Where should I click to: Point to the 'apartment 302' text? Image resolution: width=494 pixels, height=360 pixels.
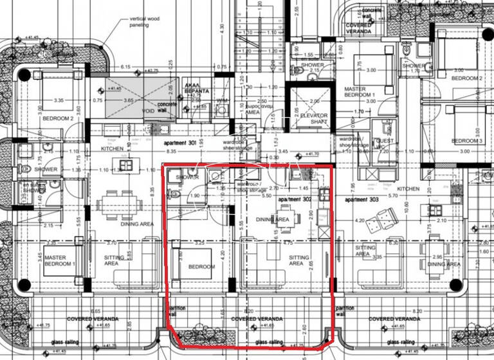tap(295, 199)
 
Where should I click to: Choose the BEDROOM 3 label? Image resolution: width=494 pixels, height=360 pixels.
tap(467, 141)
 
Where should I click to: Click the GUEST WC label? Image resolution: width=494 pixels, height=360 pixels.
tap(385, 143)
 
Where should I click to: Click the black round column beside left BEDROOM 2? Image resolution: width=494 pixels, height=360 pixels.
tap(24, 75)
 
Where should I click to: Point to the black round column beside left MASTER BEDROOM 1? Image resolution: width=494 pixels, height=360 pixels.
tap(24, 284)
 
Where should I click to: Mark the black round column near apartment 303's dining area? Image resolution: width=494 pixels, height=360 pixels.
tap(455, 284)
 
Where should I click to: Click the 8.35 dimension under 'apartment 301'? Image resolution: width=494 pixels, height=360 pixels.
tap(171, 152)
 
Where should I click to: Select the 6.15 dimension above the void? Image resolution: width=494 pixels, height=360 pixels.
tap(125, 67)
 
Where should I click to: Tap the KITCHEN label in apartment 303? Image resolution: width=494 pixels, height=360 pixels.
tap(408, 189)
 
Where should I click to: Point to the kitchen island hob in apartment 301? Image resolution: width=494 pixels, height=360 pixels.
tap(127, 165)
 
